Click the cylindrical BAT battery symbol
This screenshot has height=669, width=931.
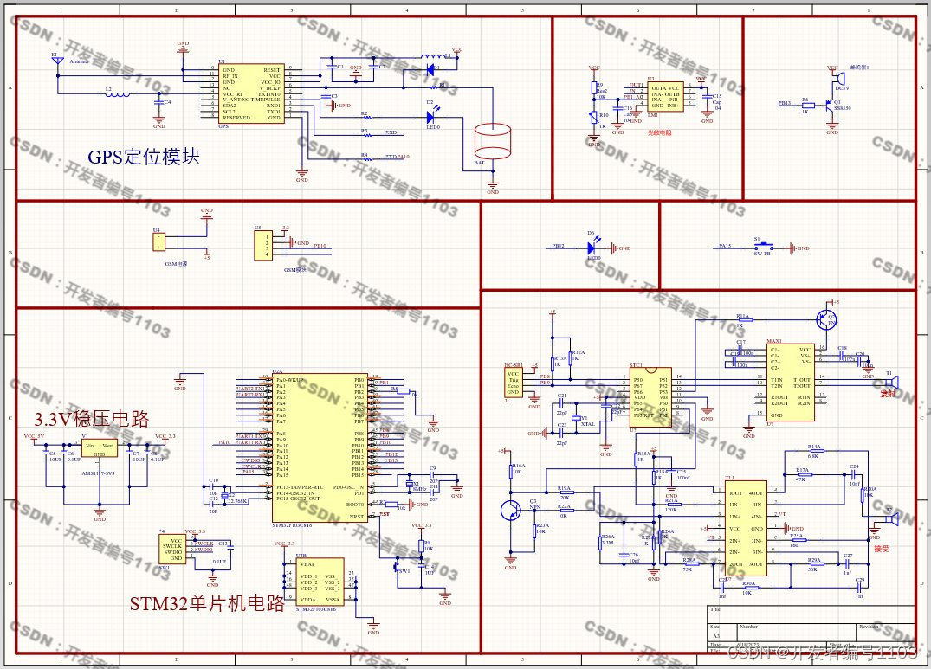[x=493, y=142]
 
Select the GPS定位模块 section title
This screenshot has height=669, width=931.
[x=144, y=158]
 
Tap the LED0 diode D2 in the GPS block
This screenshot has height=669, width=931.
[x=430, y=116]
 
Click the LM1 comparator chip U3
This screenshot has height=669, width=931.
[x=664, y=98]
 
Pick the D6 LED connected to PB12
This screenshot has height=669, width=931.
[x=592, y=248]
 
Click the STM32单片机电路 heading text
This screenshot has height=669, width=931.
[x=207, y=604]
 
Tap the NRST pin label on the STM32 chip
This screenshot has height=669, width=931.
[x=355, y=517]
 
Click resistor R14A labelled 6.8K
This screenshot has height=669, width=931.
[x=814, y=452]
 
